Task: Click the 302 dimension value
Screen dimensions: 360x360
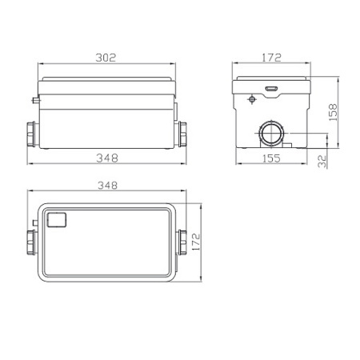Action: click(106, 58)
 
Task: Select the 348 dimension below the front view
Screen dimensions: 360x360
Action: click(107, 158)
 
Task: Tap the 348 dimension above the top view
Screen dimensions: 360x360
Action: click(107, 186)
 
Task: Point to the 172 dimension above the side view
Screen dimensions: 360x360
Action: click(271, 58)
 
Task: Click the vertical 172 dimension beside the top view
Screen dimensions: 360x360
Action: click(196, 242)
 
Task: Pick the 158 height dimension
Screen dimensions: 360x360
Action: click(333, 113)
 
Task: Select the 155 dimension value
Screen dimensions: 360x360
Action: click(271, 158)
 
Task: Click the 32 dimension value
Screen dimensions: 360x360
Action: click(322, 162)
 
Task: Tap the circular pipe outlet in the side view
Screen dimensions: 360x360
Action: click(271, 133)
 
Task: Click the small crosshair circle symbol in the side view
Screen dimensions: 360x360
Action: click(252, 99)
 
